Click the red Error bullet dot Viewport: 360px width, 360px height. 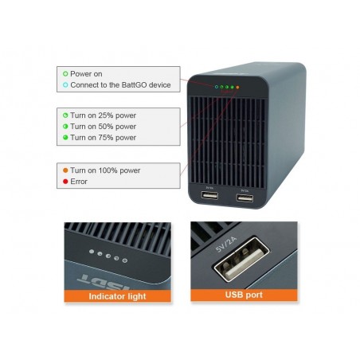click(x=65, y=182)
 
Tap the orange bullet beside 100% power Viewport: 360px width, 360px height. click(x=65, y=170)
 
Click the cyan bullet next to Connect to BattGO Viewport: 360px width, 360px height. click(x=65, y=85)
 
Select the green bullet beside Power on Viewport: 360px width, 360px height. click(x=65, y=74)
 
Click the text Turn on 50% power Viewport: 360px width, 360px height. click(x=103, y=127)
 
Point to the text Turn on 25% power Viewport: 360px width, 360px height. click(x=103, y=115)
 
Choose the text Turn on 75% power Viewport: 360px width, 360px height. click(x=103, y=138)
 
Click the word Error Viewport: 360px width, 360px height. click(x=79, y=182)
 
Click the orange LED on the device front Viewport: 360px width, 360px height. click(x=237, y=87)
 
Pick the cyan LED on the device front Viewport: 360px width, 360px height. click(x=217, y=87)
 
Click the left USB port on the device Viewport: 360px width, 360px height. click(x=209, y=195)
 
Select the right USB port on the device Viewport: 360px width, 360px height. click(x=245, y=198)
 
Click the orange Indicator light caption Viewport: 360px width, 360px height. click(x=117, y=296)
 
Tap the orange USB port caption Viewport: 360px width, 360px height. click(x=244, y=295)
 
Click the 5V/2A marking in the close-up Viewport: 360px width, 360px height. click(x=226, y=245)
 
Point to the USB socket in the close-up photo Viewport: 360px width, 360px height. click(x=241, y=259)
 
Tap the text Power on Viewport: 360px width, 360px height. click(x=86, y=74)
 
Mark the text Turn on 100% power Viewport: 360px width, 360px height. click(x=105, y=170)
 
